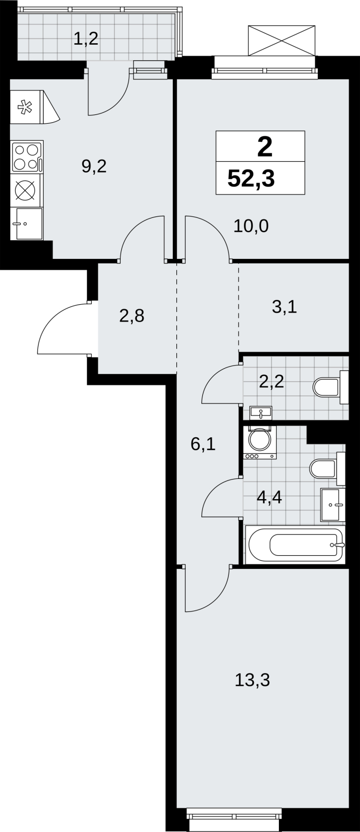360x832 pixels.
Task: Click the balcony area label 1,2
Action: click(x=86, y=38)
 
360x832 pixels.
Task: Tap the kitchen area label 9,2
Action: click(x=94, y=166)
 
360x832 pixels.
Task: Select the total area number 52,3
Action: click(x=251, y=179)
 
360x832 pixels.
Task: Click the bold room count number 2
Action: click(x=265, y=147)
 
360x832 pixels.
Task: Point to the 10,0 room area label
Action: click(x=251, y=226)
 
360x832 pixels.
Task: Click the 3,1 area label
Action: click(x=285, y=307)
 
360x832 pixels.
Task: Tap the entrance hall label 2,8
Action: click(x=132, y=316)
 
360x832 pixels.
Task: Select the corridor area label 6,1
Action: click(x=203, y=444)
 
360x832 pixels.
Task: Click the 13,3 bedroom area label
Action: click(x=252, y=680)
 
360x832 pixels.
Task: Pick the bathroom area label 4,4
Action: click(x=269, y=497)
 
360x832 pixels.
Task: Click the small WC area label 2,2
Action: click(x=272, y=381)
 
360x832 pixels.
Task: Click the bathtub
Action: click(x=295, y=544)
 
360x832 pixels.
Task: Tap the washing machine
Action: click(x=260, y=442)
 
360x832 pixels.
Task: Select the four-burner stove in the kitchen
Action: click(x=28, y=156)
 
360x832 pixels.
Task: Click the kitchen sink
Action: click(x=29, y=224)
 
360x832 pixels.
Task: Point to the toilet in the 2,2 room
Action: click(x=331, y=387)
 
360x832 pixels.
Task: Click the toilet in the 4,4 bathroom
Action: click(x=327, y=468)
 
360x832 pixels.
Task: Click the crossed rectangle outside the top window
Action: click(x=281, y=41)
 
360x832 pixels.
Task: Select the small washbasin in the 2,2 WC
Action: click(x=261, y=412)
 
